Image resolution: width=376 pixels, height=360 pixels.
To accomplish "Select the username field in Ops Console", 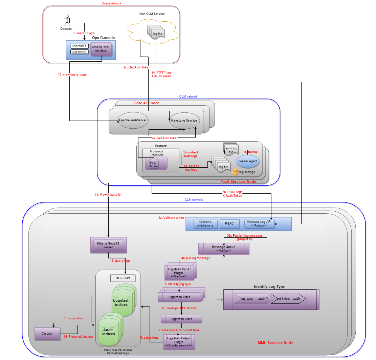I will (80, 46).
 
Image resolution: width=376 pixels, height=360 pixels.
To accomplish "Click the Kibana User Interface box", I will (101, 49).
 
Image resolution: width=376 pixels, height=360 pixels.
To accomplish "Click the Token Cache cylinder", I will (153, 164).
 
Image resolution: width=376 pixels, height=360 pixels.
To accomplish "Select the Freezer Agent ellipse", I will (247, 161).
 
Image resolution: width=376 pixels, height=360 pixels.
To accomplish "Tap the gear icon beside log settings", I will (235, 171).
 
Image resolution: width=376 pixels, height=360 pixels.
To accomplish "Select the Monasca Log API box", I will (259, 224).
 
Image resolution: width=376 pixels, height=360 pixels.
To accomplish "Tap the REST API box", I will (123, 278).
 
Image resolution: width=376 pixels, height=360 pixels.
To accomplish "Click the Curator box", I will (47, 334).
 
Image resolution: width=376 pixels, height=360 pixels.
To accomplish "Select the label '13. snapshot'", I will (73, 318).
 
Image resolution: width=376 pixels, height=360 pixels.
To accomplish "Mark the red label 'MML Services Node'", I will (275, 343).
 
